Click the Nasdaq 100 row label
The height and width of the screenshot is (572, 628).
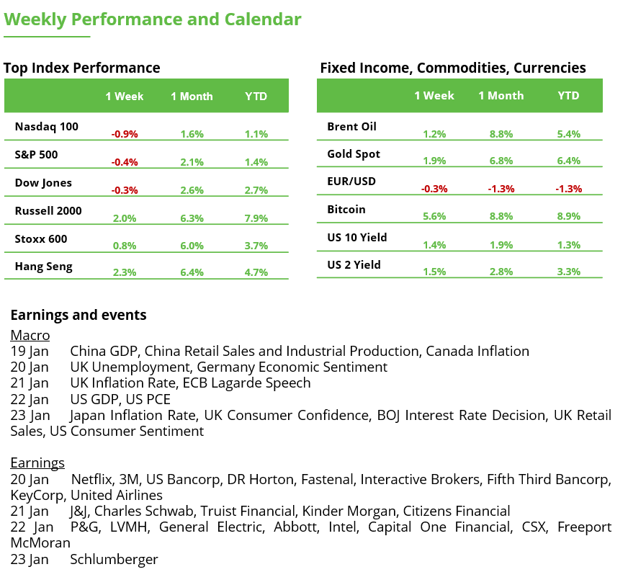(46, 127)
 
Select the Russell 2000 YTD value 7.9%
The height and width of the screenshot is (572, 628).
(256, 218)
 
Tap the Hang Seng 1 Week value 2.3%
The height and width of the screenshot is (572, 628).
(125, 273)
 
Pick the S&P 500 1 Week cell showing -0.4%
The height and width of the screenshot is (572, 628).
(125, 162)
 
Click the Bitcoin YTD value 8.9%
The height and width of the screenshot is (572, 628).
(568, 217)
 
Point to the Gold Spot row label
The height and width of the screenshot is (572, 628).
(353, 154)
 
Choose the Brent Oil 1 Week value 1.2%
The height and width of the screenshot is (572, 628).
(434, 134)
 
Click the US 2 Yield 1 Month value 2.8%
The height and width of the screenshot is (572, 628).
(501, 272)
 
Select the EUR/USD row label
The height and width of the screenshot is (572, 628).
(351, 182)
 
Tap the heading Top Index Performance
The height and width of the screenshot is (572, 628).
(81, 68)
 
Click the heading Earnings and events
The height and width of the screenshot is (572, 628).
(78, 315)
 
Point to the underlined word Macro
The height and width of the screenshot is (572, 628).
(30, 335)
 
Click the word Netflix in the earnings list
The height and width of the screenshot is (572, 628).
(92, 479)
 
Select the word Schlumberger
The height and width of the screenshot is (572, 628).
(114, 559)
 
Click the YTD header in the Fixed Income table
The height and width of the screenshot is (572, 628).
(568, 96)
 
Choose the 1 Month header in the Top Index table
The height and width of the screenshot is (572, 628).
(192, 97)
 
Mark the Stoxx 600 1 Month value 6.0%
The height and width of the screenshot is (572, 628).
(192, 246)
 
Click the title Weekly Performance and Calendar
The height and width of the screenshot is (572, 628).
(153, 19)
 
